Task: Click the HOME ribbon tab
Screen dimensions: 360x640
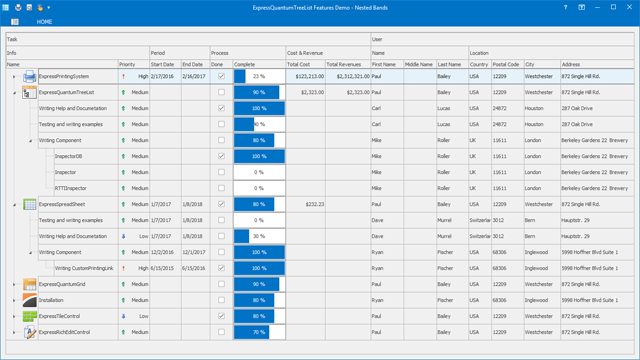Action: pyautogui.click(x=44, y=21)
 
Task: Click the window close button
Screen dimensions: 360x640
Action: pyautogui.click(x=629, y=7)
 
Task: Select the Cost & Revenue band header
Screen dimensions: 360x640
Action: pyautogui.click(x=305, y=53)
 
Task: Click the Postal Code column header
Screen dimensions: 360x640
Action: pyautogui.click(x=506, y=64)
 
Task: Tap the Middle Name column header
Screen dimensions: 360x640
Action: pyautogui.click(x=419, y=64)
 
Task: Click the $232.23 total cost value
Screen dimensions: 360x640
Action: pyautogui.click(x=314, y=204)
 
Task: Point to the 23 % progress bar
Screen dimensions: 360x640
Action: pyautogui.click(x=259, y=76)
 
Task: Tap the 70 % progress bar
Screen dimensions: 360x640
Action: pyautogui.click(x=259, y=332)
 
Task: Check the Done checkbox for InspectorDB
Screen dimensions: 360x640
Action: pyautogui.click(x=221, y=156)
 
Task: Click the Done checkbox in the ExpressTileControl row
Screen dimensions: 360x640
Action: pyautogui.click(x=221, y=316)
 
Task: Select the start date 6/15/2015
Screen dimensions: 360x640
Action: pyautogui.click(x=162, y=268)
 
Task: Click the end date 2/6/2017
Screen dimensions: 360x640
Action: pyautogui.click(x=193, y=76)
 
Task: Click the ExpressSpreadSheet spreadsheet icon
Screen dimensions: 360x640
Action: pyautogui.click(x=30, y=204)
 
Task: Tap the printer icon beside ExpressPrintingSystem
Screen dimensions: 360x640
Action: pyautogui.click(x=30, y=76)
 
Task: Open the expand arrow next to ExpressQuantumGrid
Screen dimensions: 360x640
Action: pyautogui.click(x=14, y=284)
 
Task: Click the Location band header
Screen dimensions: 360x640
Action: pyautogui.click(x=479, y=53)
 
